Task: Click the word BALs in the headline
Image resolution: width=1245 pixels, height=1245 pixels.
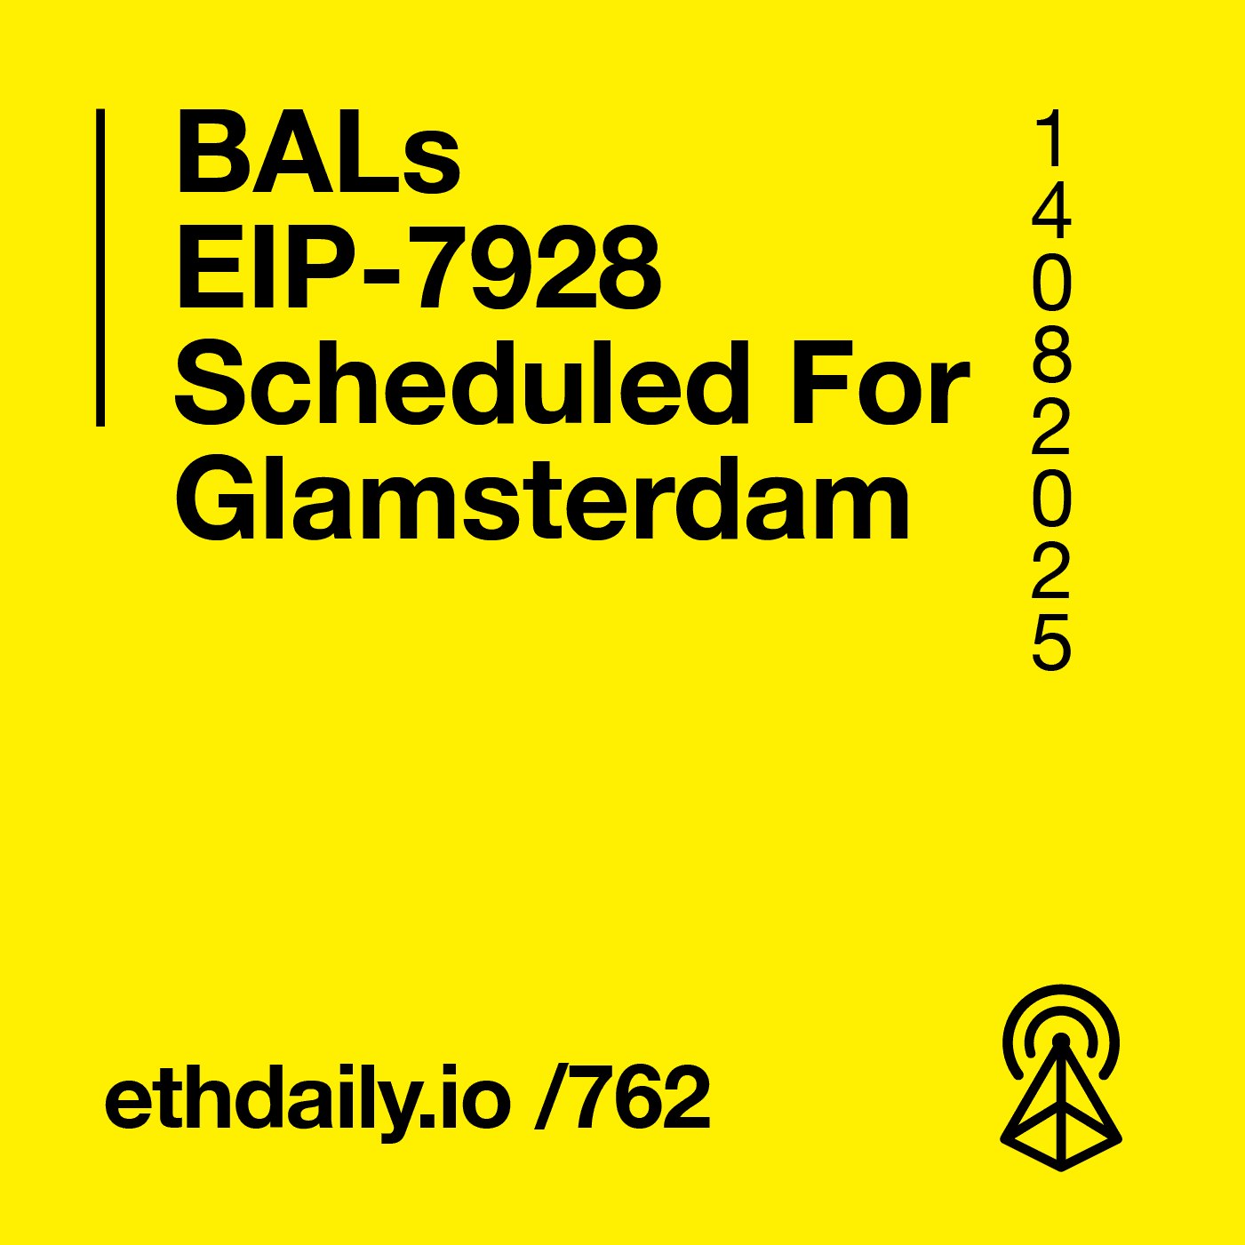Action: pos(318,153)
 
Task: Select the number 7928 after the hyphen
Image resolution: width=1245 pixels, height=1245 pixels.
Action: pos(539,269)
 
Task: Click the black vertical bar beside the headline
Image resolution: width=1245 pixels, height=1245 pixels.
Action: pos(100,267)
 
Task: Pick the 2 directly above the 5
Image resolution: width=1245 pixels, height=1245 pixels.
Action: pos(1051,573)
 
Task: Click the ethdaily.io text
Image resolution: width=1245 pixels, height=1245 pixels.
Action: pos(307,1099)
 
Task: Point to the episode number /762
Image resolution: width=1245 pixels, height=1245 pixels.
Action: pos(623,1099)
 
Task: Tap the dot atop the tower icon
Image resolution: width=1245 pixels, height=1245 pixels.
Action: pos(1060,1041)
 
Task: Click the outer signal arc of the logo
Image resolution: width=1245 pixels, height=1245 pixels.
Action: pos(1061,993)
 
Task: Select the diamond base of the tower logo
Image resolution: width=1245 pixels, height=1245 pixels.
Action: pos(1061,1137)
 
